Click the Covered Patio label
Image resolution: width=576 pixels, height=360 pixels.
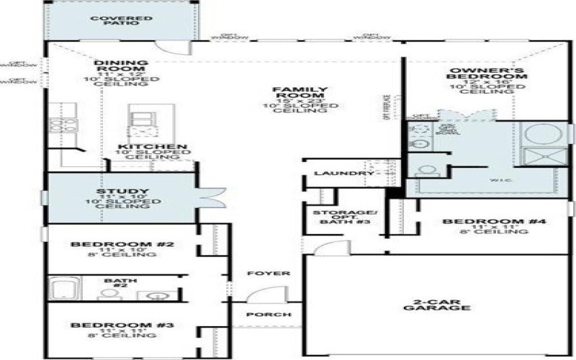click(120, 22)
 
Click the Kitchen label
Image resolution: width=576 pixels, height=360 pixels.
click(153, 148)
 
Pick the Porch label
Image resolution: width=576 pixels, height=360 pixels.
click(269, 315)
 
